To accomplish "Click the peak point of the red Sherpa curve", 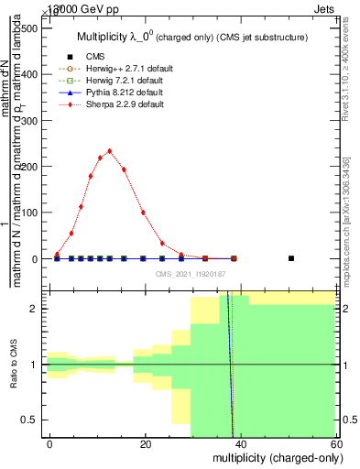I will click(x=109, y=151).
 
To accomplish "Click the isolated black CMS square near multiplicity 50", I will click(x=291, y=258).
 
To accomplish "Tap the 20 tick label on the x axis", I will click(x=146, y=443).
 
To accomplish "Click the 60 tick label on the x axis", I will click(x=336, y=443).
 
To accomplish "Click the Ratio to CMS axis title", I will click(x=14, y=365).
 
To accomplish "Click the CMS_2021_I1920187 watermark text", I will click(x=191, y=274).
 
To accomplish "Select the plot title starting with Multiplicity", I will click(x=191, y=37).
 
